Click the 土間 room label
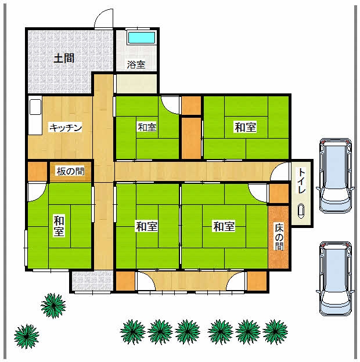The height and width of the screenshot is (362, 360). click(64, 58)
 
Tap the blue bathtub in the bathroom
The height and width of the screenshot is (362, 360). click(142, 38)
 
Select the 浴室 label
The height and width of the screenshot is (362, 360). click(136, 64)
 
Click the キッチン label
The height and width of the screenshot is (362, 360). click(66, 128)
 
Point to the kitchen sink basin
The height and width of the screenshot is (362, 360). click(35, 107)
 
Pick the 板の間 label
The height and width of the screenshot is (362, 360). click(70, 171)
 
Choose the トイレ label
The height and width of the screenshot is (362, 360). click(302, 181)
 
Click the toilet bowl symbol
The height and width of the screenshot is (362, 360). click(301, 211)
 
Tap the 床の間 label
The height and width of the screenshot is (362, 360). click(279, 237)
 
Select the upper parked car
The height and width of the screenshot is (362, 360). click(336, 175)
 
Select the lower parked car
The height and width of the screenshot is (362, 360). click(336, 278)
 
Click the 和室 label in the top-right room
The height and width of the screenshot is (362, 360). click(246, 127)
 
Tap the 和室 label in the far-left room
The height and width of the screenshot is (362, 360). click(59, 226)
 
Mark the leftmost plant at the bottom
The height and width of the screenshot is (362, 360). click(26, 336)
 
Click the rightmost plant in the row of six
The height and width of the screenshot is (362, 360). click(275, 332)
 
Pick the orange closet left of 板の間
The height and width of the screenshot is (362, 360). click(37, 172)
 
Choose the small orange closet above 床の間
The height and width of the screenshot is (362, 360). click(279, 194)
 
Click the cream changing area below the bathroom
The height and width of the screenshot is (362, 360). click(136, 84)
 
